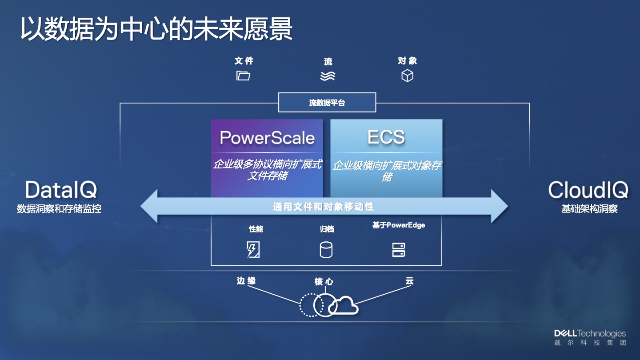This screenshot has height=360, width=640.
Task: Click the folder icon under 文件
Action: click(243, 76)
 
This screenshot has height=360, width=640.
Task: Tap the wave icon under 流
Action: click(328, 76)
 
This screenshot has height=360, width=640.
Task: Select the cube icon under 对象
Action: click(407, 76)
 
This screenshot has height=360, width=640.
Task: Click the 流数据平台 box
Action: click(327, 103)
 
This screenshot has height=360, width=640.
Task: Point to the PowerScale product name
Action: click(267, 138)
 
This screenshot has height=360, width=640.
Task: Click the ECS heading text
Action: click(386, 137)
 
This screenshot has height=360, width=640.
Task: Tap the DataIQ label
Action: click(61, 190)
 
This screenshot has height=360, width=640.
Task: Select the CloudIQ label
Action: click(588, 190)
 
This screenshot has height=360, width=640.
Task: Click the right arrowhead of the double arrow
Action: click(500, 206)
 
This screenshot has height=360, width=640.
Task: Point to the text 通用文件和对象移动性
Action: click(324, 207)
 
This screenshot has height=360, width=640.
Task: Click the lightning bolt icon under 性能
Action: click(253, 250)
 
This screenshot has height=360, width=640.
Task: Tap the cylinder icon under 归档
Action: click(326, 250)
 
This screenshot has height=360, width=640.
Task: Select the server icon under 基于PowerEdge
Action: click(399, 250)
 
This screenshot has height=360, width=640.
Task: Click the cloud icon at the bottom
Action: click(344, 306)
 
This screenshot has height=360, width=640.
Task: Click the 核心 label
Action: click(324, 282)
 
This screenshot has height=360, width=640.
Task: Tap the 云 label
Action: click(409, 281)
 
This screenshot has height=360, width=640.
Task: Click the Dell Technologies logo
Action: click(590, 337)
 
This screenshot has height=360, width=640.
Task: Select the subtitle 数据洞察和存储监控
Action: click(59, 209)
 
